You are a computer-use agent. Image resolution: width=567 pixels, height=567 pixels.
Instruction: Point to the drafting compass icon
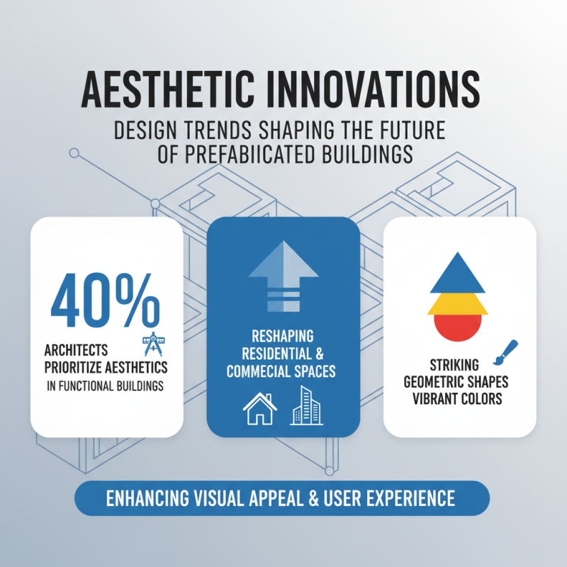point(152,344)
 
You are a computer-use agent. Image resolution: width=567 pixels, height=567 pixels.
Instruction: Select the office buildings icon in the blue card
point(306,406)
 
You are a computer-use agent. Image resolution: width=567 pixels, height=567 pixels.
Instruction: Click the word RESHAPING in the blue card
point(282,336)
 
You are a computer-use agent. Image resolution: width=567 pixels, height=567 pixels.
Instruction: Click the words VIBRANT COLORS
point(459,398)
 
